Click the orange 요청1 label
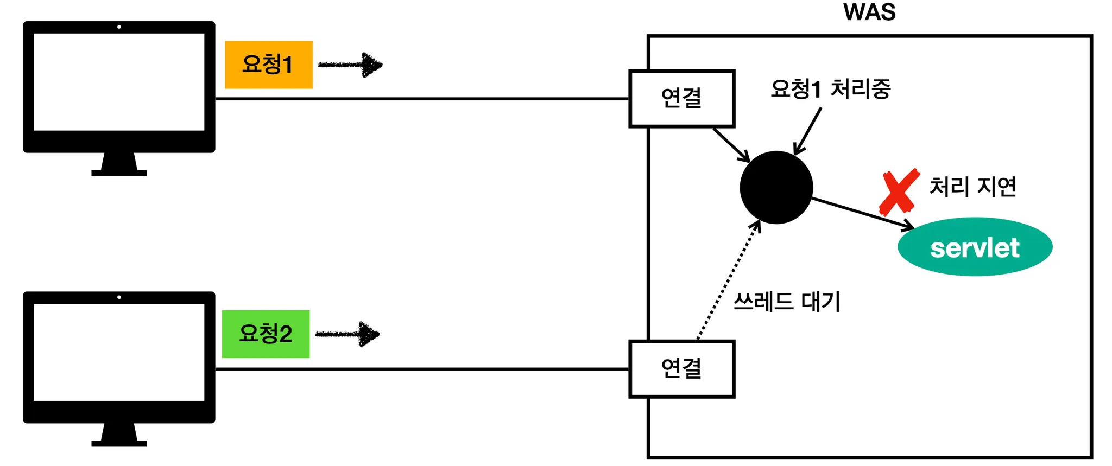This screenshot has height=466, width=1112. [x=269, y=65]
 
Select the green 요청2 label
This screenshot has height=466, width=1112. [x=266, y=334]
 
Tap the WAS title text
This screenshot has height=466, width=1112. [x=869, y=12]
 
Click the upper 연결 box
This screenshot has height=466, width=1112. [x=681, y=99]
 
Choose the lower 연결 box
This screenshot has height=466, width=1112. [x=681, y=369]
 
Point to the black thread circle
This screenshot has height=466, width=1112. [x=776, y=187]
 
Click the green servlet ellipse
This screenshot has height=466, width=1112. [x=975, y=247]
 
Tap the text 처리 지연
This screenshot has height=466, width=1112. [x=972, y=187]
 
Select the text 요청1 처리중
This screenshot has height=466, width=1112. [x=830, y=89]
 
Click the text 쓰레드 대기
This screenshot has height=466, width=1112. [x=787, y=302]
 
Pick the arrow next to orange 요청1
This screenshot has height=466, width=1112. [x=351, y=65]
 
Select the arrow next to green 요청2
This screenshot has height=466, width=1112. [x=348, y=334]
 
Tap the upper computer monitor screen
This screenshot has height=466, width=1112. [x=119, y=82]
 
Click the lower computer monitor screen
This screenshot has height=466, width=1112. [x=119, y=352]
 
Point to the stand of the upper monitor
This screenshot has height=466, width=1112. [x=119, y=164]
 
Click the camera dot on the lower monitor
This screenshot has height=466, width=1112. [x=119, y=297]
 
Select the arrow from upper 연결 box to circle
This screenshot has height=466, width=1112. [x=731, y=144]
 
